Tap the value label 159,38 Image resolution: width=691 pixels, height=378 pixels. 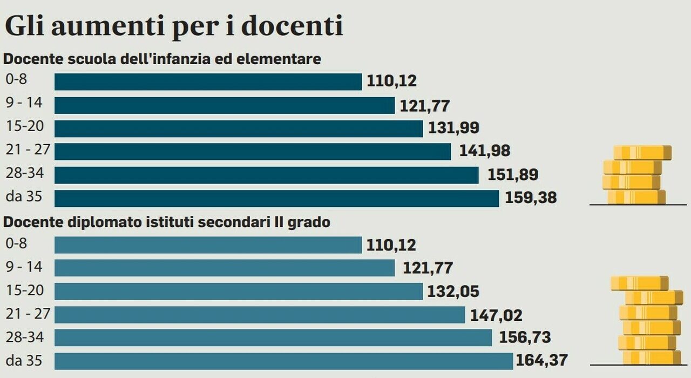coord(531,198)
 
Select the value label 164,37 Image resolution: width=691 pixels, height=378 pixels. coord(541,361)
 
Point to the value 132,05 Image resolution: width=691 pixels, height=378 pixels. coord(453,292)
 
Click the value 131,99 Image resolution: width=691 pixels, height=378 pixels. coord(453,128)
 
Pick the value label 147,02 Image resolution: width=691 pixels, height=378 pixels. coord(496,315)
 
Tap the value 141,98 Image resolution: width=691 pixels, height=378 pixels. coord(484,151)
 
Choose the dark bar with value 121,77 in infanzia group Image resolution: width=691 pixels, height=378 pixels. coord(225,105)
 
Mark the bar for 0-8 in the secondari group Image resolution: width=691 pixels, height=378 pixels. coord(208,245)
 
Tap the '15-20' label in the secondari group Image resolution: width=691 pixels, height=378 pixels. coord(24,291)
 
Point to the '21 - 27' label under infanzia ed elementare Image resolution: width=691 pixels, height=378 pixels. coord(27,150)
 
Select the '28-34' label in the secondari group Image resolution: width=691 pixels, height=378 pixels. coord(24,337)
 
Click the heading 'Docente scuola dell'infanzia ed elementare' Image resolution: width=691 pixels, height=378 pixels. coord(162,59)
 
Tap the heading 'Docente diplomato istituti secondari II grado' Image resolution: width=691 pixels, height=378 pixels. coord(167,222)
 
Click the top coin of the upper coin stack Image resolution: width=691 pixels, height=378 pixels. coord(642,153)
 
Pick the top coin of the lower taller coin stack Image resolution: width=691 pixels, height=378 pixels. coord(639,283)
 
